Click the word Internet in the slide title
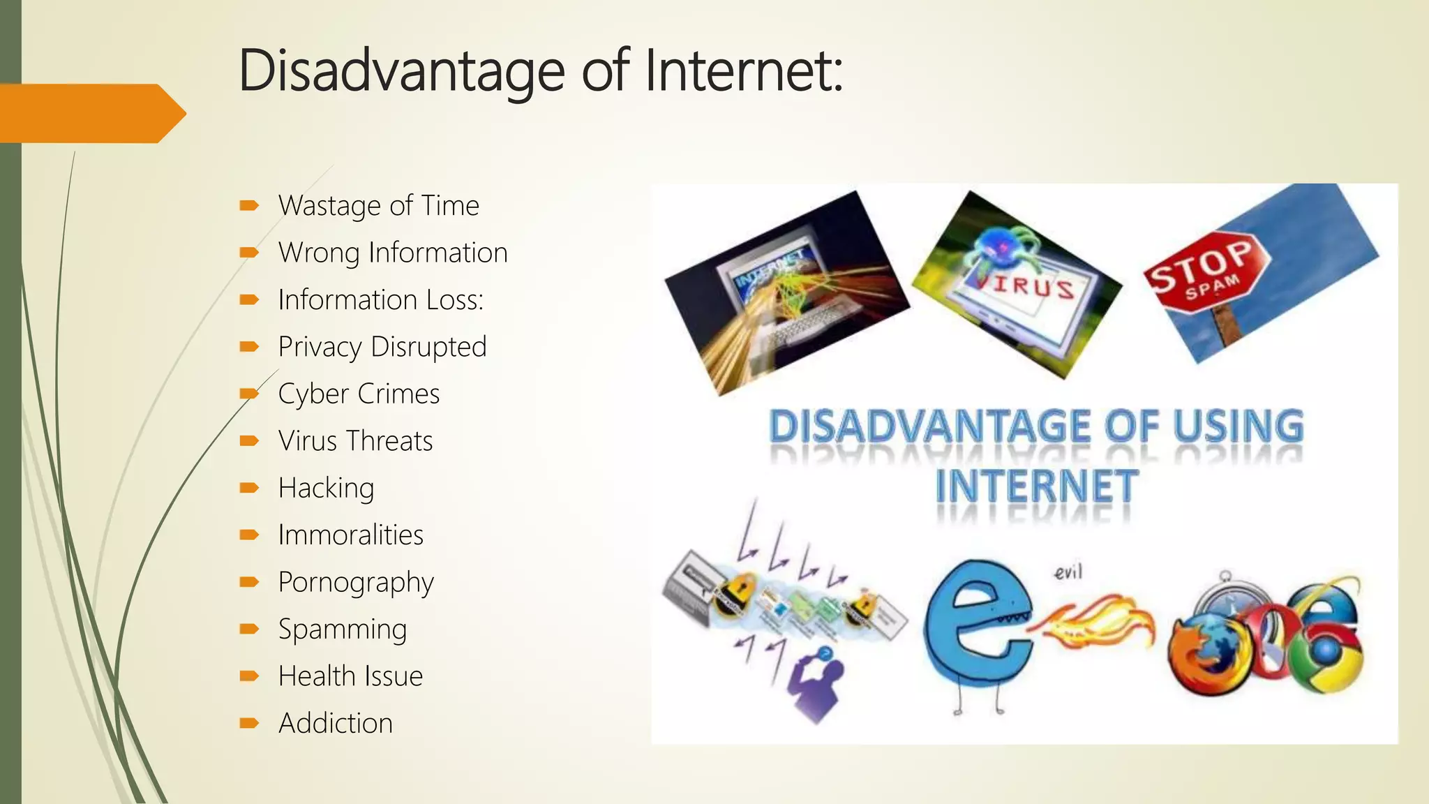(x=744, y=70)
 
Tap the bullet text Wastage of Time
(x=378, y=206)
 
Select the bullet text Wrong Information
(x=393, y=253)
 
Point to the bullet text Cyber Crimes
(x=359, y=394)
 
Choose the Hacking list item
(x=326, y=488)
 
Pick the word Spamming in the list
(x=342, y=630)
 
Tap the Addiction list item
(x=335, y=723)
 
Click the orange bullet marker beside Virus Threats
(x=249, y=441)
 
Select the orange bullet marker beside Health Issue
(x=249, y=676)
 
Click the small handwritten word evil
(x=1068, y=573)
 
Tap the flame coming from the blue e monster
(x=1102, y=621)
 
